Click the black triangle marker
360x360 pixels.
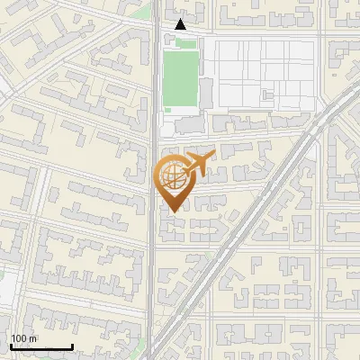[x=181, y=24]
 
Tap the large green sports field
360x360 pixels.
[x=179, y=80]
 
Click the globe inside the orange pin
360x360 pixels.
[x=174, y=177]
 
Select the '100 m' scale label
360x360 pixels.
[x=24, y=338]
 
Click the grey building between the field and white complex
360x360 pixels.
[x=206, y=90]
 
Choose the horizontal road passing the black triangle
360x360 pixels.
[x=252, y=34]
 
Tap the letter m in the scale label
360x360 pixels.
[x=32, y=338]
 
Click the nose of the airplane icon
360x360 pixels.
[x=214, y=156]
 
